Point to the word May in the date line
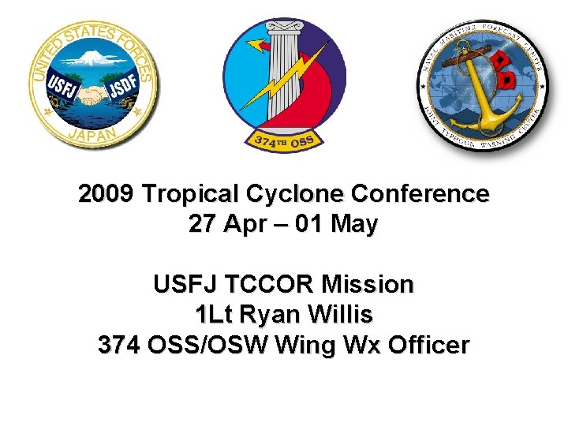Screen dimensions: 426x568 tap(354, 225)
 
